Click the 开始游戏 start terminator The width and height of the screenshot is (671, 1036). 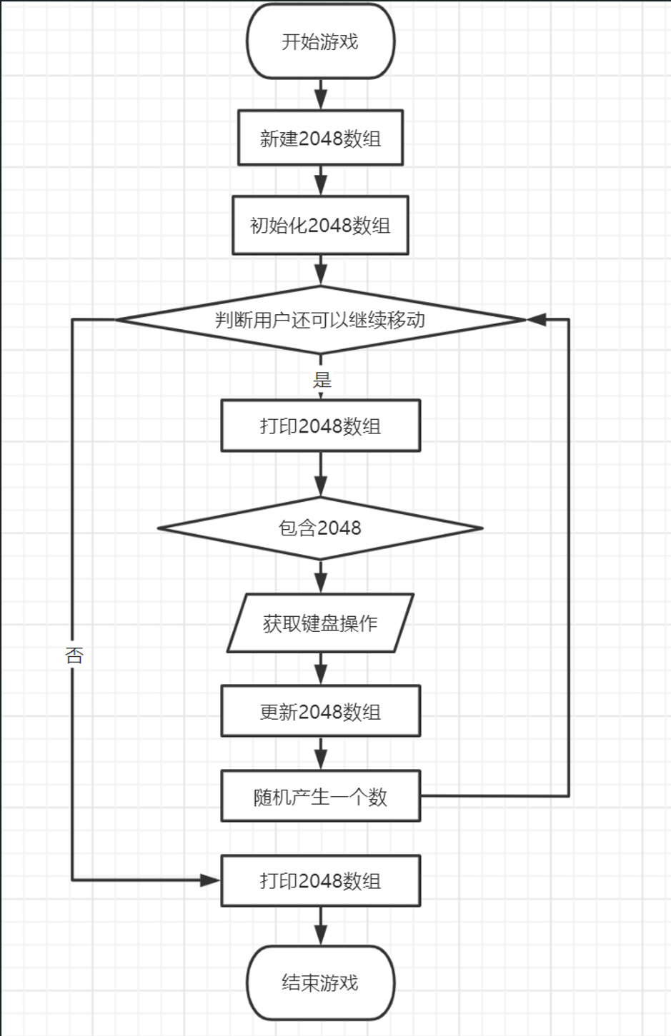[320, 41]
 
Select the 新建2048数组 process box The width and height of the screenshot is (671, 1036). [320, 138]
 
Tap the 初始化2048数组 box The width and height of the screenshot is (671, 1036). [320, 226]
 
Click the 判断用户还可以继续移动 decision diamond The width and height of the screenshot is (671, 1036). [320, 319]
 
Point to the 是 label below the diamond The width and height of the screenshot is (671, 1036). [322, 379]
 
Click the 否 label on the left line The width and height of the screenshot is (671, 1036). [74, 655]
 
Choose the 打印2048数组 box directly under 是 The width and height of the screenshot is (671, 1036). [320, 426]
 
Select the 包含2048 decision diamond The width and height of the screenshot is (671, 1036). [320, 528]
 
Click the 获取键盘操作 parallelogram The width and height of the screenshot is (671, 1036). [320, 623]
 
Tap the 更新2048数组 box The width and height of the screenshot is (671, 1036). [320, 711]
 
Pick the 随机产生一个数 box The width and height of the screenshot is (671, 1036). [320, 796]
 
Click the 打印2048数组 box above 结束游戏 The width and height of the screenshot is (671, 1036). [320, 880]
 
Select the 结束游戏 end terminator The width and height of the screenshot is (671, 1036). [320, 982]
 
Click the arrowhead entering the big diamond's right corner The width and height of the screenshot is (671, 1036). [537, 319]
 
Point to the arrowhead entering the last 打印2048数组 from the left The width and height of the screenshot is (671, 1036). [211, 880]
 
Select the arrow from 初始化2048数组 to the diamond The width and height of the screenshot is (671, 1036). [320, 271]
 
